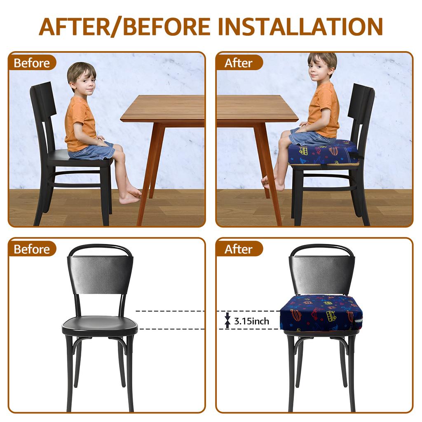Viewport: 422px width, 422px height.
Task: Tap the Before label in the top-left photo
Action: tap(32, 63)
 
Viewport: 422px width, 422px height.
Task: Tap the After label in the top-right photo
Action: tap(238, 63)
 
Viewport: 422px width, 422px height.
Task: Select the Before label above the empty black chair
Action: tap(32, 249)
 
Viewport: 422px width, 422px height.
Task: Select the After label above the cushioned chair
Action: tap(238, 249)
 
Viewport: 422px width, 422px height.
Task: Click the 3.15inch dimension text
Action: tap(251, 321)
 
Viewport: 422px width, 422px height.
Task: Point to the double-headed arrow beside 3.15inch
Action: tap(227, 320)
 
